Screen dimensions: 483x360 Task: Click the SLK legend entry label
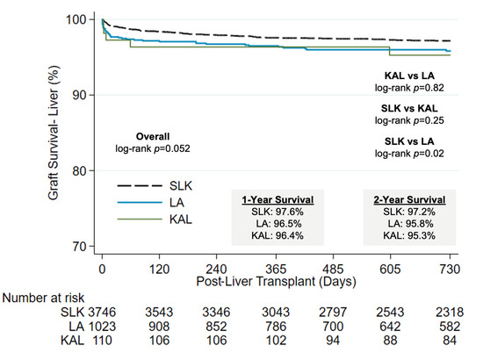(x=181, y=185)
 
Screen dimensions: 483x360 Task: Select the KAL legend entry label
(x=181, y=220)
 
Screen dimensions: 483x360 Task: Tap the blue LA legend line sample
(x=140, y=202)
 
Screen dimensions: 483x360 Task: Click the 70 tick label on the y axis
(x=79, y=246)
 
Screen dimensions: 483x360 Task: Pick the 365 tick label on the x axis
(x=276, y=269)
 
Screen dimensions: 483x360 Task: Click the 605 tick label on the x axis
(x=390, y=269)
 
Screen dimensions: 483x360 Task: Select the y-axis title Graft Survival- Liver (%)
(x=54, y=133)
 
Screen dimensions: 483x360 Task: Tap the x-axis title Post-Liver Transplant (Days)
(x=276, y=282)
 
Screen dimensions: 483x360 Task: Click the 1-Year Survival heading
(x=278, y=200)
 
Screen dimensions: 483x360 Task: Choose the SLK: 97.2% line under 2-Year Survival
(x=409, y=212)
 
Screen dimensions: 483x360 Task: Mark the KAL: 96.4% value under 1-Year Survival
(x=278, y=235)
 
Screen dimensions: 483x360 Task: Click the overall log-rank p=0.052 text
(x=153, y=148)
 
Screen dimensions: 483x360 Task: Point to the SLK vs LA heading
(x=409, y=141)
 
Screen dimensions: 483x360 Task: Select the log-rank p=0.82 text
(x=409, y=88)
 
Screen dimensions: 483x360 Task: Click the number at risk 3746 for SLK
(x=102, y=312)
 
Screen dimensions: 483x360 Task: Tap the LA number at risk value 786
(x=276, y=326)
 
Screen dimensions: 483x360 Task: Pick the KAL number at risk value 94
(x=333, y=341)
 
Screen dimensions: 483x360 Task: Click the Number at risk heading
(x=43, y=298)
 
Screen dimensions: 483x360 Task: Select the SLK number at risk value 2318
(x=450, y=312)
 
